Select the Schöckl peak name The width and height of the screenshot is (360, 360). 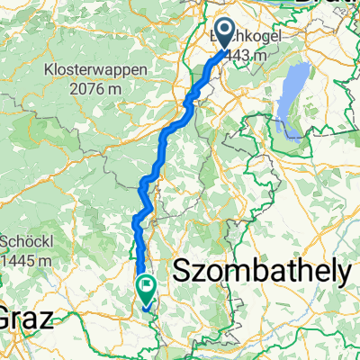tap(27, 242)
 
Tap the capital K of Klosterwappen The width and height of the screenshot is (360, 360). tap(47, 68)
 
